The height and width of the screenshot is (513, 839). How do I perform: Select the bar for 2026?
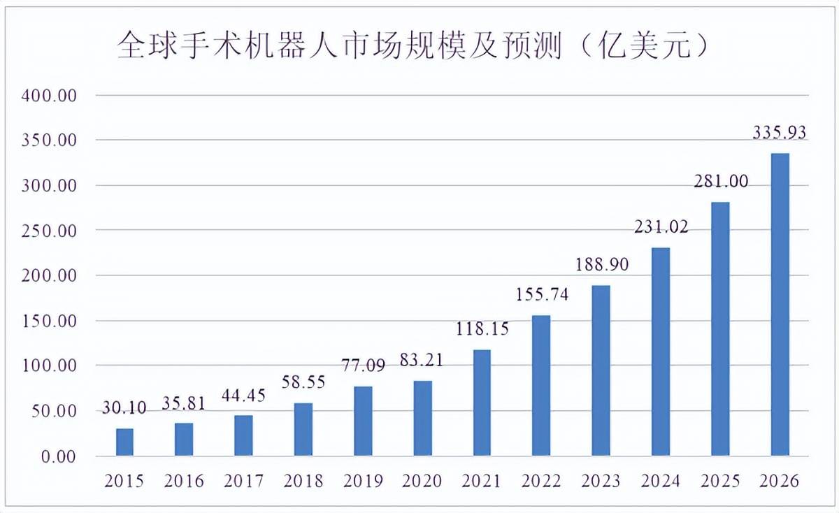click(x=780, y=305)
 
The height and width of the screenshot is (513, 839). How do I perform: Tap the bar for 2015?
click(x=124, y=442)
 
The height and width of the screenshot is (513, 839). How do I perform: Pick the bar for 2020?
click(x=422, y=418)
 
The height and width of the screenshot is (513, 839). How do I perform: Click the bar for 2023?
click(x=601, y=370)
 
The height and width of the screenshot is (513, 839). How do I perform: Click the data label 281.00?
click(x=720, y=181)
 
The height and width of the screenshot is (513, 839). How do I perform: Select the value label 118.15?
click(x=482, y=328)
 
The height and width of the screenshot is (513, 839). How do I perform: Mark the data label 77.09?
click(x=362, y=365)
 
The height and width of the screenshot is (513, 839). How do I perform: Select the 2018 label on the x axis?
click(x=303, y=481)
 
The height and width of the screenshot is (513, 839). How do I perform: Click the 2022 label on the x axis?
click(x=541, y=481)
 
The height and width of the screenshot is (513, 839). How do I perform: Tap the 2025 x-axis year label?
click(x=719, y=481)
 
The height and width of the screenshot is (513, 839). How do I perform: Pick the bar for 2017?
click(x=243, y=435)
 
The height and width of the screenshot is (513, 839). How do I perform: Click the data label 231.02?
click(x=661, y=226)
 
